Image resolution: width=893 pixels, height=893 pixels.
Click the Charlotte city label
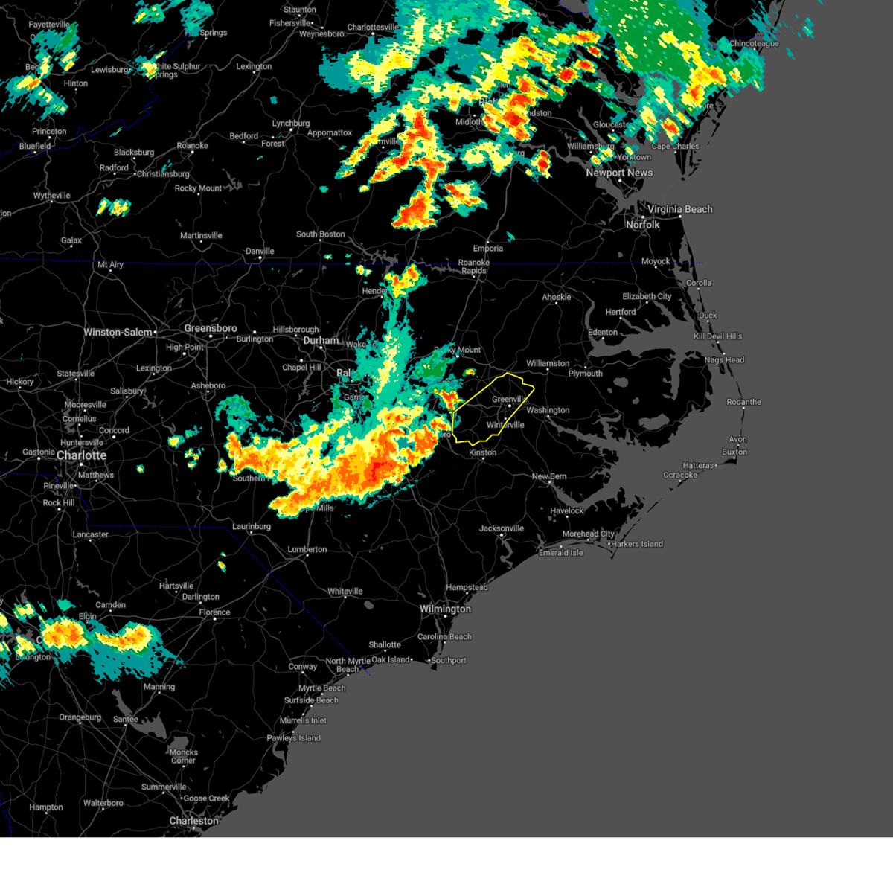[81, 455]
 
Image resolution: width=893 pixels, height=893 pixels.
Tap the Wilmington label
[445, 609]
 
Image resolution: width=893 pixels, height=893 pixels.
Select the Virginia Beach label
[679, 209]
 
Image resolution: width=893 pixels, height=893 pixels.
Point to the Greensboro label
[211, 328]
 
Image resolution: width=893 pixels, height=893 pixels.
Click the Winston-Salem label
[118, 333]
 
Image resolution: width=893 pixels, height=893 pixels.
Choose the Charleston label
[193, 821]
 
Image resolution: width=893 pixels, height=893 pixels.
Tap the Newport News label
[619, 173]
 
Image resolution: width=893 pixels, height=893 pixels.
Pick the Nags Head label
[724, 360]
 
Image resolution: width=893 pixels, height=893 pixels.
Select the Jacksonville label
[502, 528]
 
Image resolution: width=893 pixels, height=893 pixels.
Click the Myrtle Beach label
[322, 688]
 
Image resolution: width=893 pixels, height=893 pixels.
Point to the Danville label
[260, 251]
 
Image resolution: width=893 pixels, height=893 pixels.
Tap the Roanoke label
[192, 146]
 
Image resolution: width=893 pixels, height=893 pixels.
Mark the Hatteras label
[698, 466]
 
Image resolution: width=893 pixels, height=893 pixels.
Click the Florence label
[214, 612]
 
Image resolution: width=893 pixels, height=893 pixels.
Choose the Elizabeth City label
[647, 296]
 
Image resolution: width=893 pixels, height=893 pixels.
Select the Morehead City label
[588, 534]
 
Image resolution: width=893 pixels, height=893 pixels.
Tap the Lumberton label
[307, 549]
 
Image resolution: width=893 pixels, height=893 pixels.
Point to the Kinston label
[482, 452]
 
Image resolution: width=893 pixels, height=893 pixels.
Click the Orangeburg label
[80, 717]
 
